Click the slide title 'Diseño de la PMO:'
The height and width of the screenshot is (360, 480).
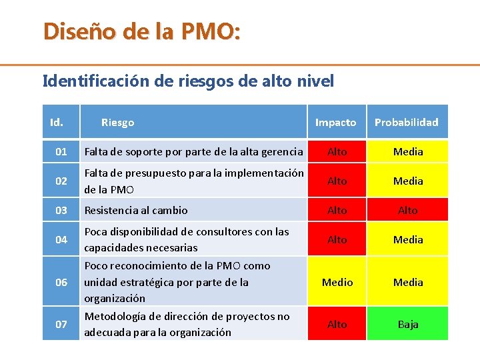[x=142, y=31]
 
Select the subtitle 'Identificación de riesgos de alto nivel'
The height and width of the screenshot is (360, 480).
[x=188, y=81]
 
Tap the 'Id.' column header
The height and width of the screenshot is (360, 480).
[x=57, y=122]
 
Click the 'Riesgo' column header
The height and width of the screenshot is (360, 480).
[x=117, y=122]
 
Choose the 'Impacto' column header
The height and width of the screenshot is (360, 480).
[x=335, y=122]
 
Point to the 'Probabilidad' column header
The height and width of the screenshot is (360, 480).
[x=406, y=122]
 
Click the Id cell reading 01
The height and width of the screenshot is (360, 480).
[x=61, y=151]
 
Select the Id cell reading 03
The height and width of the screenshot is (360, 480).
[x=61, y=210]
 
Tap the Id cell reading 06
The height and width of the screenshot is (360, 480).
[x=61, y=282]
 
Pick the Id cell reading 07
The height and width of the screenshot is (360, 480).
[x=61, y=324]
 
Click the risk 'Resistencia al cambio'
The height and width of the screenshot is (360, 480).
[x=136, y=210]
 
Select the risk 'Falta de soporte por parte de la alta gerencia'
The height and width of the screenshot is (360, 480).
[x=193, y=151]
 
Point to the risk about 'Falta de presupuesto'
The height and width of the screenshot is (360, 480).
[x=193, y=181]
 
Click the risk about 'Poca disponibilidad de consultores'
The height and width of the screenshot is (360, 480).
[x=187, y=239]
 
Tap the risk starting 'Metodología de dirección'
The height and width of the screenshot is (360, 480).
[x=187, y=324]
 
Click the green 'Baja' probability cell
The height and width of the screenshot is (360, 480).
[x=408, y=324]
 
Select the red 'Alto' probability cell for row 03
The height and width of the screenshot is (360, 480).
[x=408, y=210]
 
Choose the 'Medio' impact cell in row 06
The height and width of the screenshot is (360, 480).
[x=337, y=282]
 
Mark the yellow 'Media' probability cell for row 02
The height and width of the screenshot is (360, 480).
[x=408, y=181]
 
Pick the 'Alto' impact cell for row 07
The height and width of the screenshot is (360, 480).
[x=337, y=324]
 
